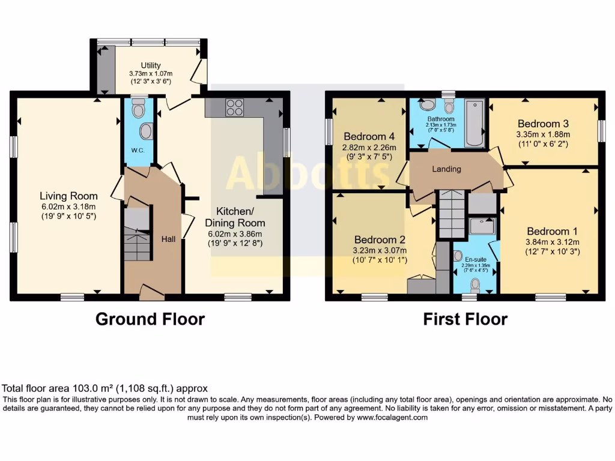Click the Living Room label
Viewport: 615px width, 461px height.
pyautogui.click(x=68, y=196)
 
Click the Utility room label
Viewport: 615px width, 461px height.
pyautogui.click(x=151, y=65)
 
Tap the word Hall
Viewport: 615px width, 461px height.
pyautogui.click(x=169, y=239)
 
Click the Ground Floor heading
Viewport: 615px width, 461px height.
pyautogui.click(x=150, y=319)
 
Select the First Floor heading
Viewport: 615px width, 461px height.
pyautogui.click(x=465, y=319)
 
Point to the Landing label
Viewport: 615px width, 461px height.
pyautogui.click(x=447, y=169)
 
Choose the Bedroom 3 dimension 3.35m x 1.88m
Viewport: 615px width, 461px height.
pyautogui.click(x=544, y=134)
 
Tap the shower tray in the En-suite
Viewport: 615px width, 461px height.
pyautogui.click(x=482, y=226)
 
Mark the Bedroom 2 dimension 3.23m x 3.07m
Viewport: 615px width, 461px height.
pyautogui.click(x=380, y=250)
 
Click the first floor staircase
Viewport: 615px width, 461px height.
pyautogui.click(x=450, y=213)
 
